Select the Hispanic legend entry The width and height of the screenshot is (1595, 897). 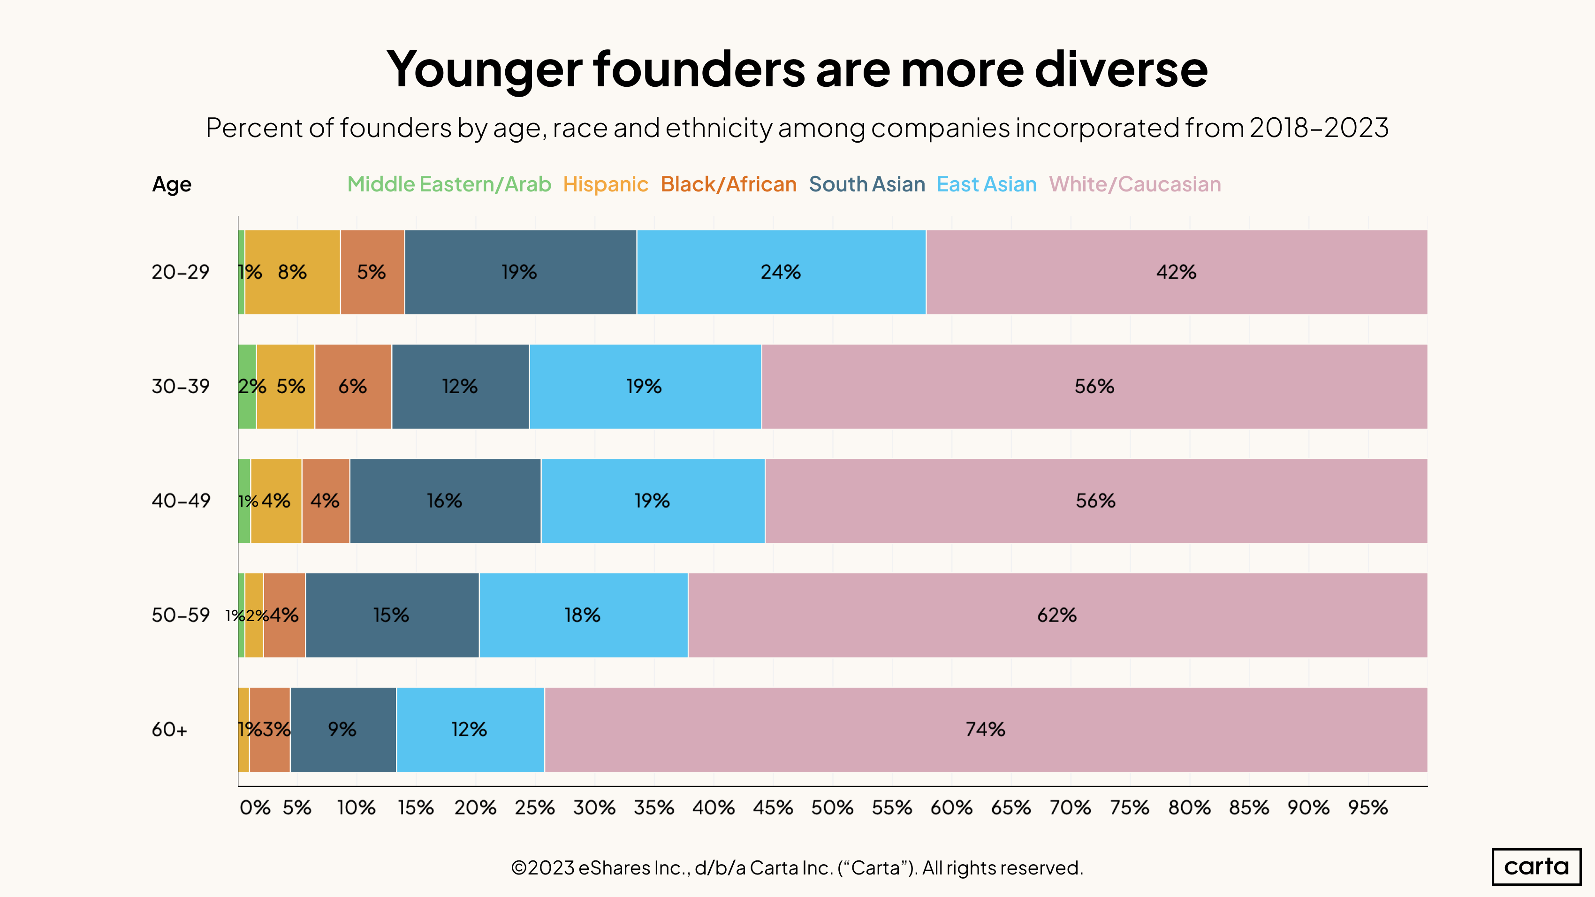(x=605, y=184)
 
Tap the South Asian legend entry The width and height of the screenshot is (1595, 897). (x=866, y=184)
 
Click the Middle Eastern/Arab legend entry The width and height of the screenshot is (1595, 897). (x=449, y=184)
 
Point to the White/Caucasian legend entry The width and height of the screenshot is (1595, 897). (x=1134, y=184)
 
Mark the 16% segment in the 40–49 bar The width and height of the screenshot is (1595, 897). (x=445, y=501)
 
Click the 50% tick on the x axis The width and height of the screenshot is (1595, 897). (x=832, y=807)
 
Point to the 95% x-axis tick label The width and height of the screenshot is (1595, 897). (x=1368, y=807)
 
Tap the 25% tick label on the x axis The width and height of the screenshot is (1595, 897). (x=535, y=807)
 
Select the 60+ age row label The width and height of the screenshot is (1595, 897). (x=169, y=730)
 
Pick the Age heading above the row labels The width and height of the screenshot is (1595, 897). (x=172, y=184)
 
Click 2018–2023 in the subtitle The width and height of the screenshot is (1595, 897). (x=1318, y=128)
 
